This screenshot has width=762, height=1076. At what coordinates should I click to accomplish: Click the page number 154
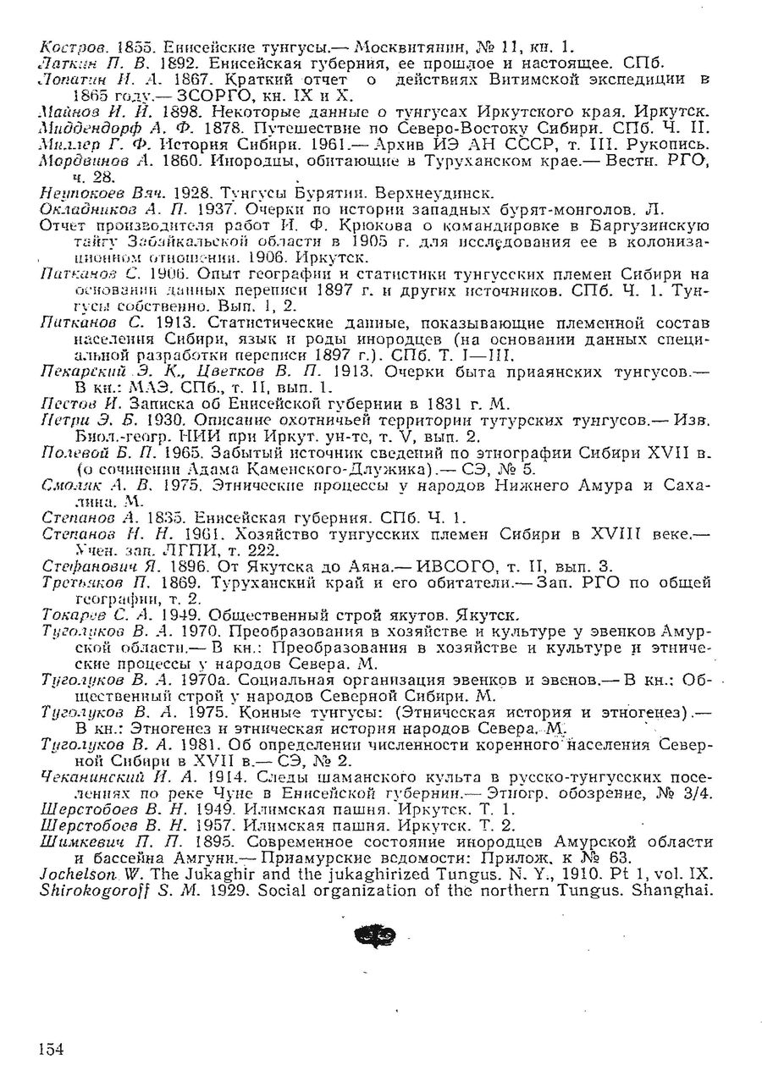(x=51, y=1049)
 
